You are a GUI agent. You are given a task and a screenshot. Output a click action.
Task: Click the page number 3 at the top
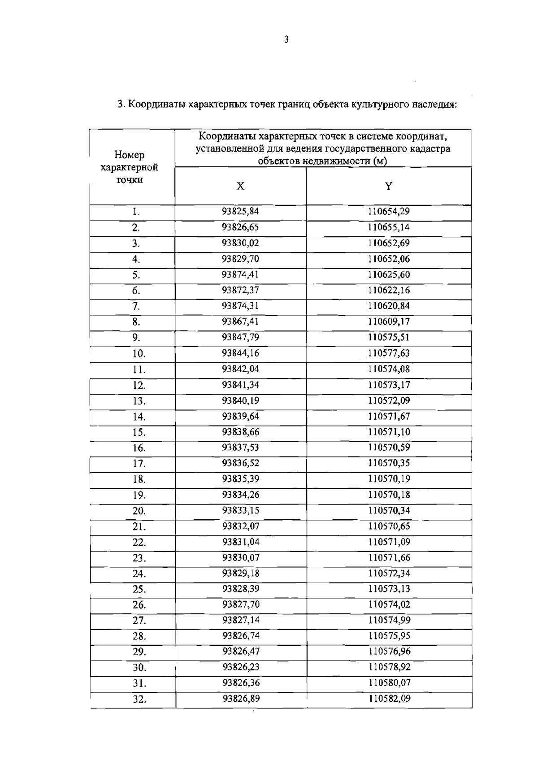click(286, 40)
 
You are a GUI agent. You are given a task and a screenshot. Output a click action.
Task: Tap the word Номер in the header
click(129, 155)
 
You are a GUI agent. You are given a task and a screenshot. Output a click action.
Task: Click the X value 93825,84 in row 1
click(241, 211)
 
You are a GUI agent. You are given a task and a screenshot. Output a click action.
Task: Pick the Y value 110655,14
click(389, 227)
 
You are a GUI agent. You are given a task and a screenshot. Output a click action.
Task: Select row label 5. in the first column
click(136, 275)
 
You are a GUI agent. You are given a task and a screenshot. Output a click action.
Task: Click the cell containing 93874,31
click(241, 306)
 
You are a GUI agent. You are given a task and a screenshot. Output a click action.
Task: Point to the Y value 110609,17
click(389, 322)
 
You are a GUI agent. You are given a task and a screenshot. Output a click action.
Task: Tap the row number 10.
click(139, 354)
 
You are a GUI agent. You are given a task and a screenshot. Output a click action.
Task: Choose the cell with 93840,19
click(241, 400)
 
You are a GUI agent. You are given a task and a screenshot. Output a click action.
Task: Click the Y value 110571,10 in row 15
click(389, 432)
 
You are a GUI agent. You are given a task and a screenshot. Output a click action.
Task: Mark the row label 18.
click(139, 479)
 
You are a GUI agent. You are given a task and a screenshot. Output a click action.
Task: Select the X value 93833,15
click(241, 510)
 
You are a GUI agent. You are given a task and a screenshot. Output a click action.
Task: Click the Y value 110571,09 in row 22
click(389, 542)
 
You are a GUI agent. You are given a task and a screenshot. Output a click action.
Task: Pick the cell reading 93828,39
click(241, 589)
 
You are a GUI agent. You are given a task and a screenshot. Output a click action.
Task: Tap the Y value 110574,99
click(389, 620)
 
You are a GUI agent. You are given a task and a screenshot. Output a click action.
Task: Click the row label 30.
click(139, 668)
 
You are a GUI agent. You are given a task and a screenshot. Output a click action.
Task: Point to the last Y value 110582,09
click(389, 698)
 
